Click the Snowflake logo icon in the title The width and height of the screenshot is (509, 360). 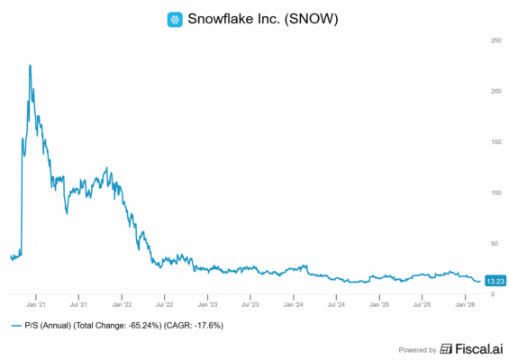[175, 19]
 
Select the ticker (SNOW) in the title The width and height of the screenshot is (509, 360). [315, 19]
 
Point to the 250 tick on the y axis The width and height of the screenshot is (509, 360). [495, 40]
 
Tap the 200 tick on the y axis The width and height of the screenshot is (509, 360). [495, 91]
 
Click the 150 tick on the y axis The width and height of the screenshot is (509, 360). [495, 141]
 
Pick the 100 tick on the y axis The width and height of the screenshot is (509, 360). [495, 193]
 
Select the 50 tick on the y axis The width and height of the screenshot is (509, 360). [494, 243]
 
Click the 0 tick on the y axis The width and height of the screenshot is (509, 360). [491, 293]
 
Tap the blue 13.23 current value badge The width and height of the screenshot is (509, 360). [495, 281]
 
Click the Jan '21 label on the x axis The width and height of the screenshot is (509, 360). [37, 305]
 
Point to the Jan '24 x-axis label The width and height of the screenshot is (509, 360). [293, 305]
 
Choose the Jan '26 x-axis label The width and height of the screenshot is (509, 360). [463, 305]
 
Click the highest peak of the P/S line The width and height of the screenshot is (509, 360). [31, 66]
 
